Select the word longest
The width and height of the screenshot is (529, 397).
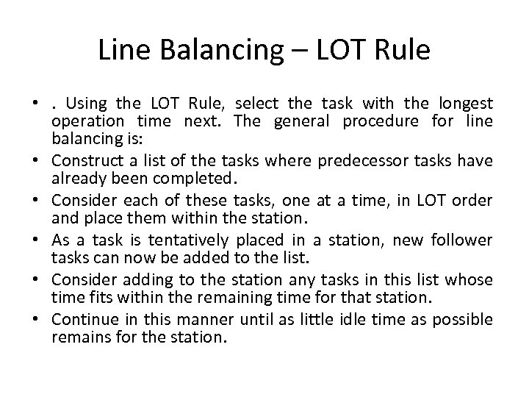[x=467, y=102]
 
